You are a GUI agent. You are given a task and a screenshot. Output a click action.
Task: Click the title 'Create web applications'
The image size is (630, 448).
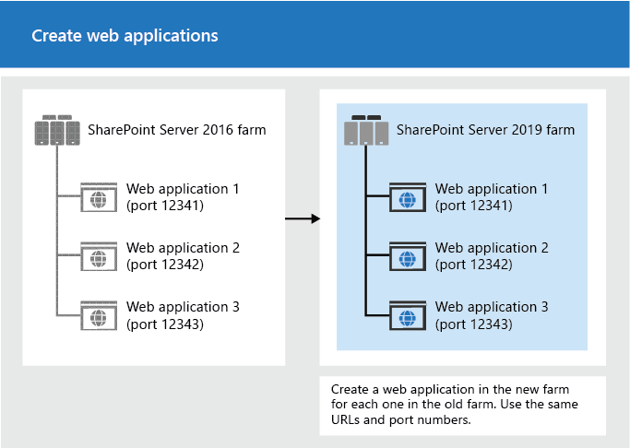[125, 36]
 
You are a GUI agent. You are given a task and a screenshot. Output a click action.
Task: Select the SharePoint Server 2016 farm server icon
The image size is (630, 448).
[57, 131]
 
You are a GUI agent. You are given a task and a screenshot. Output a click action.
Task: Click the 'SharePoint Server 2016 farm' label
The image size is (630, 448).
[176, 130]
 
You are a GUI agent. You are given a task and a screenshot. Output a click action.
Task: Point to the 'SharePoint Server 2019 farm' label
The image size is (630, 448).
[485, 130]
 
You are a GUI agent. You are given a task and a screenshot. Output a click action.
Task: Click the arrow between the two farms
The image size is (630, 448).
[302, 218]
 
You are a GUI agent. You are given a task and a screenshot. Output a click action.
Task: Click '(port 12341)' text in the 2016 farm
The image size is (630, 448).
[165, 206]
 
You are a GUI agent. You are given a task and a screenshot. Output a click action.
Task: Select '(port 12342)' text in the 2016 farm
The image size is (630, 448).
[165, 265]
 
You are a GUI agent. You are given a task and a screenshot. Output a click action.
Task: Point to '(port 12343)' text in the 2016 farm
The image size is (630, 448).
[165, 324]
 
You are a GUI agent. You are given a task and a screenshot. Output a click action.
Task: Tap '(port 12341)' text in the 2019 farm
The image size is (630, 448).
[474, 206]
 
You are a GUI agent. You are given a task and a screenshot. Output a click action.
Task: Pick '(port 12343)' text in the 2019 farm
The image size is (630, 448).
[474, 324]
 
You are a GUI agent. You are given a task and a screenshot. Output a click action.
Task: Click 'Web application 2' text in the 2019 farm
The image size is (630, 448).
[492, 248]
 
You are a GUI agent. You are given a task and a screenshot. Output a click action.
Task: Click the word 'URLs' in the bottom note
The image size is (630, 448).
[348, 419]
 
